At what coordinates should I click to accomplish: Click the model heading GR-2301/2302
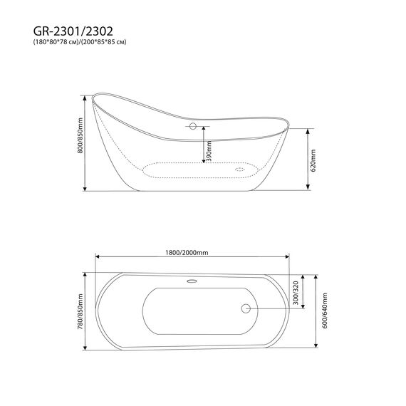coord(73,31)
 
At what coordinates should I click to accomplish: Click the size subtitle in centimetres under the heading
coord(80,42)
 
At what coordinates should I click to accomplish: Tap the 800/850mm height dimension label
coord(80,135)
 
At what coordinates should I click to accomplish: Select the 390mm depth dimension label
coord(209,151)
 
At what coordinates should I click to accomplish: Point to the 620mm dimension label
coord(313,160)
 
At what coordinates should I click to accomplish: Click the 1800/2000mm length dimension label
coord(187,252)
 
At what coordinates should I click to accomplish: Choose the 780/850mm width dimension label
coord(80,312)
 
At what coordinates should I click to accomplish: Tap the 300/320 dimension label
coord(296,293)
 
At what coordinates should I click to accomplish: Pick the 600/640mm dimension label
coord(325,311)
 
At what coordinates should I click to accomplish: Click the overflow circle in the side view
coord(192,126)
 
